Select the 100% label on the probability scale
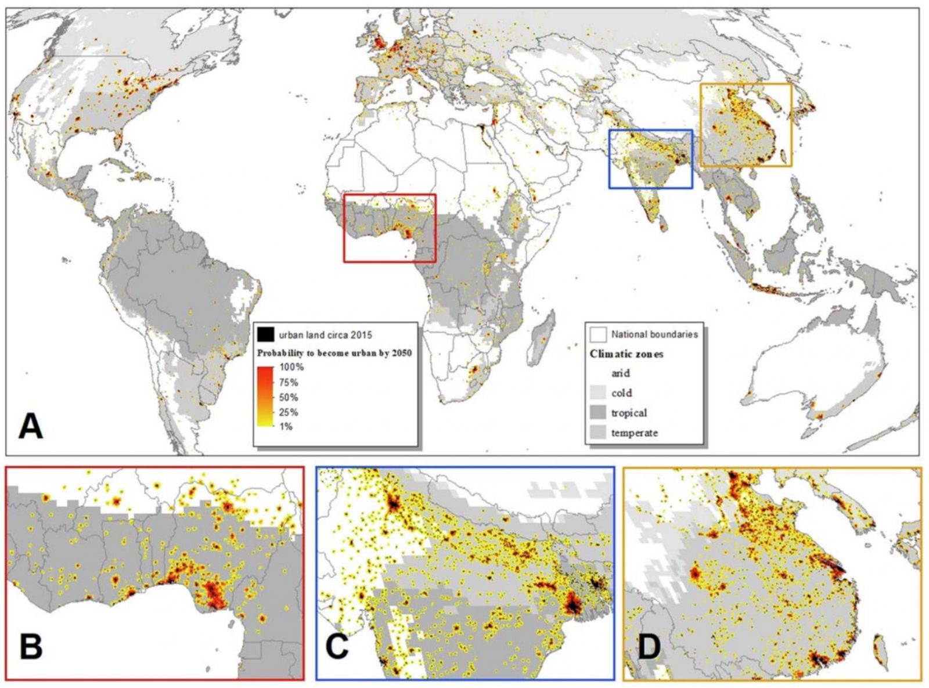(x=291, y=367)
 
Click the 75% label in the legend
(x=289, y=382)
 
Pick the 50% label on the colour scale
(x=289, y=397)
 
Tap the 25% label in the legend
(x=289, y=412)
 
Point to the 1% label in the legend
(x=287, y=427)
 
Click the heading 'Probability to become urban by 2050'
(x=334, y=353)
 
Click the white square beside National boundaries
(x=600, y=334)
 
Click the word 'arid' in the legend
(x=620, y=373)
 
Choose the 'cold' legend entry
(x=621, y=393)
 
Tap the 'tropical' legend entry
(x=629, y=413)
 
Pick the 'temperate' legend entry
(x=634, y=433)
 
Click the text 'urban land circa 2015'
(x=325, y=335)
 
